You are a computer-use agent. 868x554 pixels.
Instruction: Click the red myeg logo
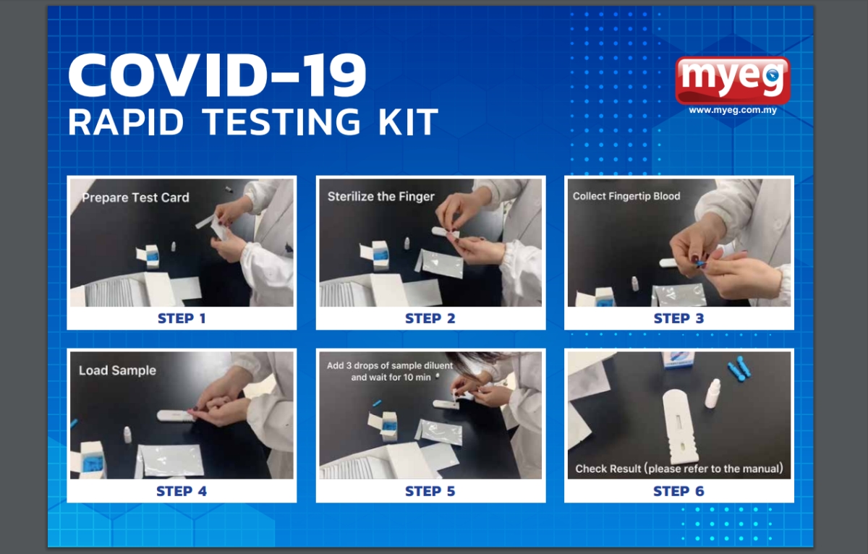(732, 80)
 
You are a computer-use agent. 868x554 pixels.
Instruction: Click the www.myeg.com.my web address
(733, 110)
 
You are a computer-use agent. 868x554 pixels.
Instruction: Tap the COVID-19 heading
(217, 74)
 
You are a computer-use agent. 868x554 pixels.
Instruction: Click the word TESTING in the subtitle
(281, 122)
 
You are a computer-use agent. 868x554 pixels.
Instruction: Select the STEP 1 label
(182, 318)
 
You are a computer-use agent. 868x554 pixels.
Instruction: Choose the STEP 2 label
(430, 318)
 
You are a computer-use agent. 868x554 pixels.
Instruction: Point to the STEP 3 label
(678, 318)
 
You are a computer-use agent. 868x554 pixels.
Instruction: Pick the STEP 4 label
(182, 491)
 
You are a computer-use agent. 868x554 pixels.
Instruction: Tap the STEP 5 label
(430, 491)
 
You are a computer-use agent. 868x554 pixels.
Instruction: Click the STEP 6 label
(678, 491)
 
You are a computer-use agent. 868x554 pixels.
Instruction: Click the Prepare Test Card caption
(136, 197)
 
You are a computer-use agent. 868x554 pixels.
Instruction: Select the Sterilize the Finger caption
(381, 197)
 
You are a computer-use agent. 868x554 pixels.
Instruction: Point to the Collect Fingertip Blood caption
(626, 196)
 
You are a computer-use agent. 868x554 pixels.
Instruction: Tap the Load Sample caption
(117, 370)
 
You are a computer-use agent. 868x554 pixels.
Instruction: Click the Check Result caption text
(679, 469)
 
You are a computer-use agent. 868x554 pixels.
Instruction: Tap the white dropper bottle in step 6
(712, 393)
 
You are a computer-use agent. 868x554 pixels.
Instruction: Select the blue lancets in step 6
(740, 367)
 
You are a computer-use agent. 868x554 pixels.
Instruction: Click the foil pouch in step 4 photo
(171, 460)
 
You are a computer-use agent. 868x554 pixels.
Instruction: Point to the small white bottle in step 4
(127, 435)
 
